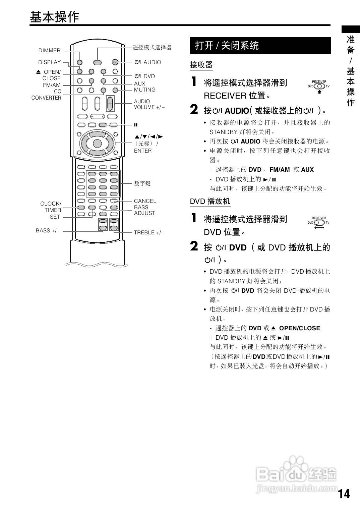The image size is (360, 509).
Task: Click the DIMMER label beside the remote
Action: click(49, 51)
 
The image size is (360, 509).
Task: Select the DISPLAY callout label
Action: click(50, 62)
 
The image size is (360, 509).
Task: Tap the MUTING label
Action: click(145, 90)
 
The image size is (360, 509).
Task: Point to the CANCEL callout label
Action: click(145, 201)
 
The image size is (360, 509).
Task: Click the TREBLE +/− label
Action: click(149, 233)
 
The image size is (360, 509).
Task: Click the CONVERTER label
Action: click(46, 98)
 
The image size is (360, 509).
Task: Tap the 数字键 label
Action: click(142, 183)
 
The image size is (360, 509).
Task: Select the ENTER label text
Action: click(143, 151)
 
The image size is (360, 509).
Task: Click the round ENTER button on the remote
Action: click(97, 144)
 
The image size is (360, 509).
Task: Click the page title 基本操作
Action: click(54, 17)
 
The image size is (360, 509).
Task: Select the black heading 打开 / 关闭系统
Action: click(227, 46)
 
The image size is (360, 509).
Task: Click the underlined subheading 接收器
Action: click(201, 65)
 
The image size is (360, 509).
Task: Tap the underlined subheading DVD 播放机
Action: click(210, 201)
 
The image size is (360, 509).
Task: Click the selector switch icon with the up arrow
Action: click(319, 86)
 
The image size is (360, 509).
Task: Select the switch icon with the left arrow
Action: click(319, 223)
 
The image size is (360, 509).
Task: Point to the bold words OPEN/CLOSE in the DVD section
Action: click(299, 328)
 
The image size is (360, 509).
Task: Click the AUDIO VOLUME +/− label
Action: click(149, 104)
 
